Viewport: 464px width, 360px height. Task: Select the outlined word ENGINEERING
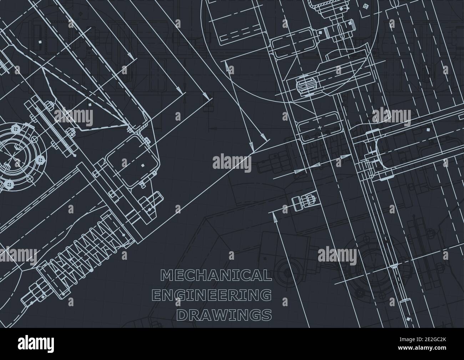(211, 295)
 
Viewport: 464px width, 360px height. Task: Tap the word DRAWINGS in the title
(224, 315)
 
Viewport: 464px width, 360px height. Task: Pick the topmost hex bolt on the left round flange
(16, 127)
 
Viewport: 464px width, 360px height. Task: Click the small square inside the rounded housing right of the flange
(143, 166)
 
